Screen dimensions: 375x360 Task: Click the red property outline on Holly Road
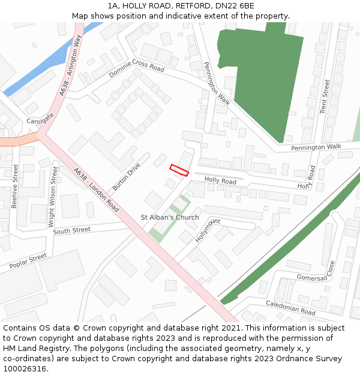click(179, 170)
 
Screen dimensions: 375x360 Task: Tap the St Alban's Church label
click(170, 217)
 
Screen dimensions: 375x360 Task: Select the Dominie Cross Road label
click(136, 70)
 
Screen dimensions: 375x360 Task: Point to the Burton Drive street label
click(126, 176)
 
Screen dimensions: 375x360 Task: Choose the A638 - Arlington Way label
click(70, 73)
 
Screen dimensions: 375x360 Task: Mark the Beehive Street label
click(14, 186)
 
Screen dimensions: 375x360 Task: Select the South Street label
click(71, 230)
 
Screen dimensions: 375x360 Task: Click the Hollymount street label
click(207, 230)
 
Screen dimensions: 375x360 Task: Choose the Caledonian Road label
click(290, 308)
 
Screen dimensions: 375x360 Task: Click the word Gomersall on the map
click(312, 278)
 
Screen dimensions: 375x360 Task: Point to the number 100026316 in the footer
click(24, 368)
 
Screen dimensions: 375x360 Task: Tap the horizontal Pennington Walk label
click(316, 147)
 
